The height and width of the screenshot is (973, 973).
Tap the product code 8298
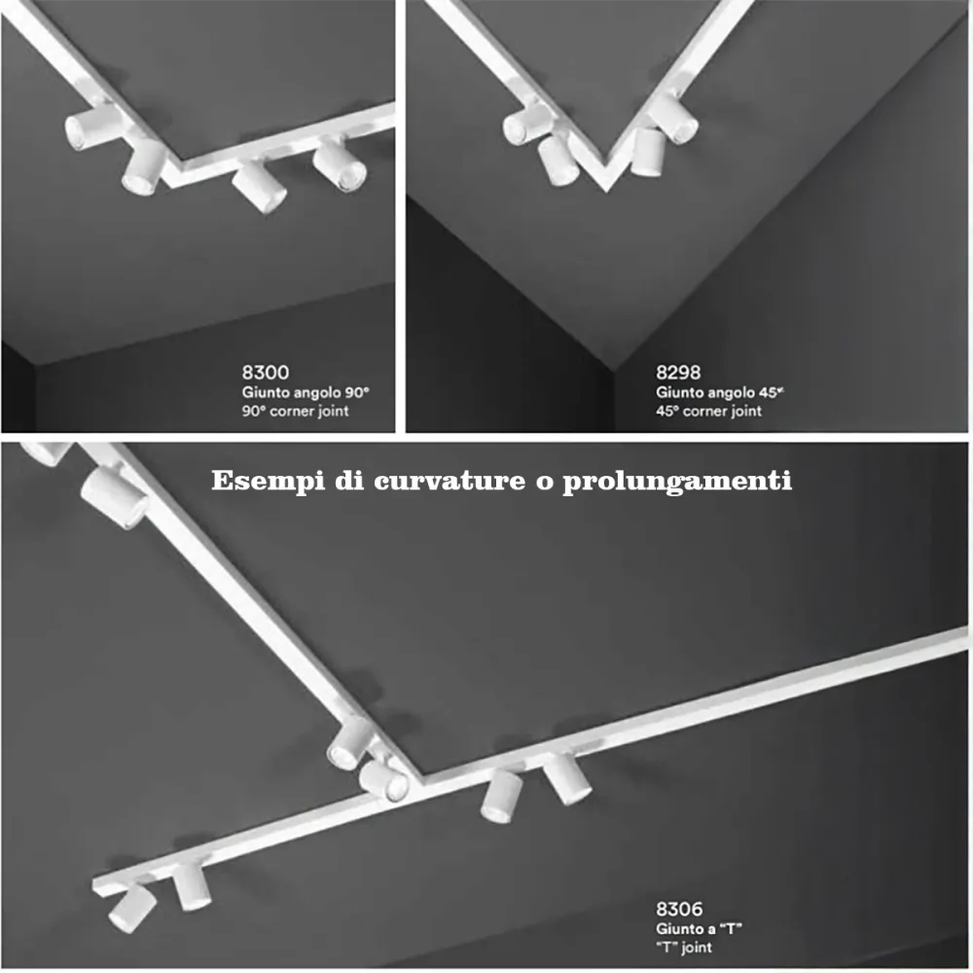pos(678,372)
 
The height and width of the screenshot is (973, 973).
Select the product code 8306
pos(679,910)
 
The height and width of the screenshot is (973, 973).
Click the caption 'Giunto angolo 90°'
pos(306,392)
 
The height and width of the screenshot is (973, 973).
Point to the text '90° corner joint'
pos(296,411)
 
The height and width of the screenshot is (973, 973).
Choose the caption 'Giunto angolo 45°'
pos(720,392)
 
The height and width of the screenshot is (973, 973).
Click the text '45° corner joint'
pos(709,411)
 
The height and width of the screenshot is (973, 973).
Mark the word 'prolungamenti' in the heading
pos(676,482)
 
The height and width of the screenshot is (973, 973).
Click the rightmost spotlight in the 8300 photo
pos(341,165)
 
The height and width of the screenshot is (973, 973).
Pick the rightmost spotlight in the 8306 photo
pos(567,779)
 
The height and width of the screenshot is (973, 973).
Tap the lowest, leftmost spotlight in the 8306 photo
pos(130,906)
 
